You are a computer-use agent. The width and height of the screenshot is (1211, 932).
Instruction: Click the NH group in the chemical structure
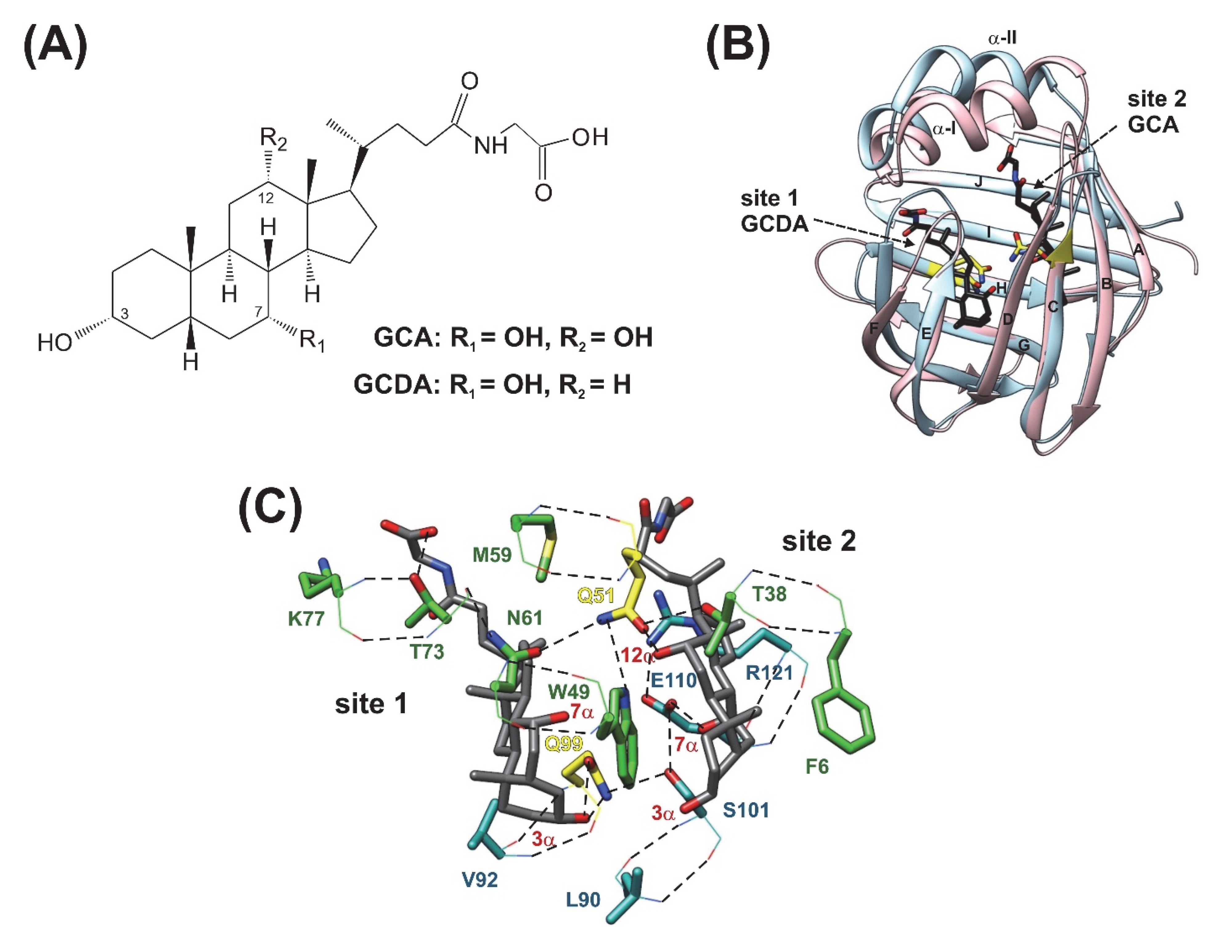491,145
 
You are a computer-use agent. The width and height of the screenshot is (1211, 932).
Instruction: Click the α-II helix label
1002,39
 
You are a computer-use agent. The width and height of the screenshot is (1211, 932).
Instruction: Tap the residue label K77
306,618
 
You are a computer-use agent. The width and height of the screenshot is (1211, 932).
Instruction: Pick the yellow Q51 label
596,596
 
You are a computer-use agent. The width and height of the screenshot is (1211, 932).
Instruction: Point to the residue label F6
817,767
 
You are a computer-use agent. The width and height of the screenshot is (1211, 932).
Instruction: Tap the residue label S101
746,811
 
